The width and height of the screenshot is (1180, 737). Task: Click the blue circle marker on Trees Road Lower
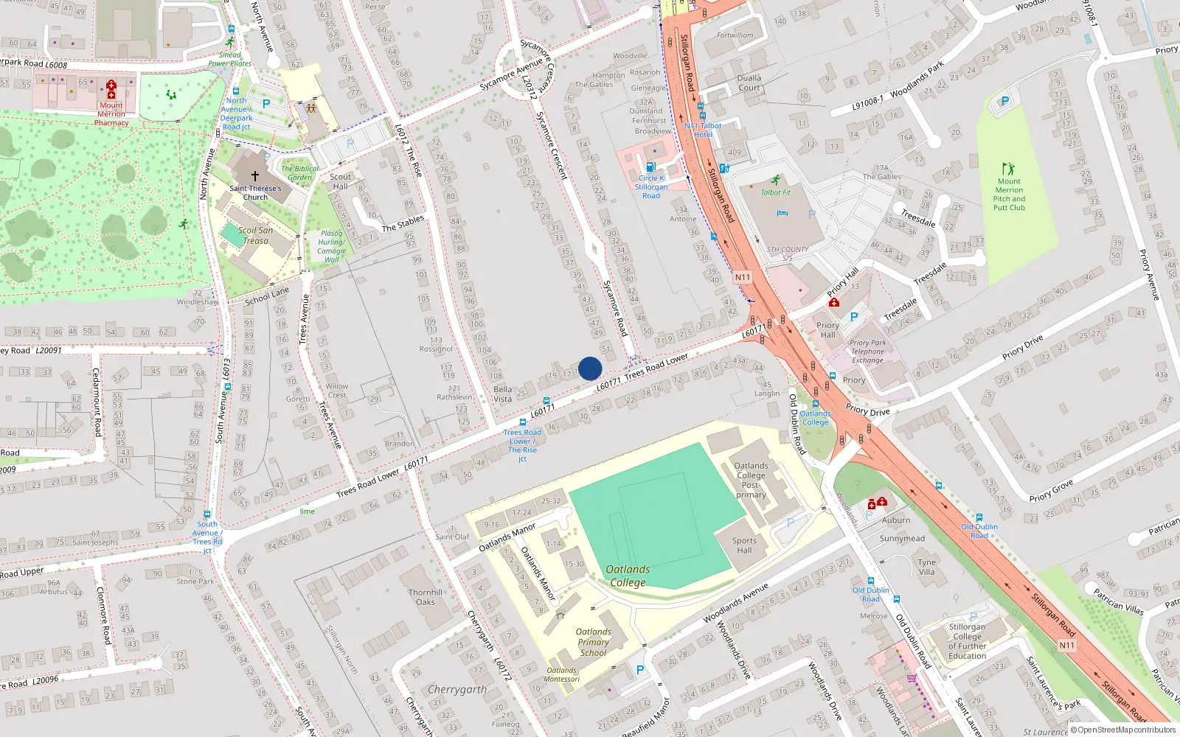click(590, 368)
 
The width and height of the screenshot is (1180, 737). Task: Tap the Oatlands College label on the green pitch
click(628, 576)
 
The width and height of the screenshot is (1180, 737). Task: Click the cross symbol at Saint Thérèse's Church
click(255, 176)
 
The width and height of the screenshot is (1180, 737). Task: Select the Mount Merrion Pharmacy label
click(111, 114)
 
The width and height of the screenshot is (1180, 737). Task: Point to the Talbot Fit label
click(775, 192)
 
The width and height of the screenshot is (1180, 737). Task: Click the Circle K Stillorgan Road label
click(651, 186)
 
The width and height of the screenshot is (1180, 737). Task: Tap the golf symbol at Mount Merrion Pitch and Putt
click(1008, 169)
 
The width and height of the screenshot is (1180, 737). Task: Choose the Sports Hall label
click(744, 545)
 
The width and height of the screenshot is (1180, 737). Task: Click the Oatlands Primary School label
click(594, 642)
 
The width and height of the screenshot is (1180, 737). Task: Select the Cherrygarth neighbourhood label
click(457, 690)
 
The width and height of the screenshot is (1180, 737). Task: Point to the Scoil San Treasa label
click(255, 235)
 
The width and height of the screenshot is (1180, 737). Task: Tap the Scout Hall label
click(340, 181)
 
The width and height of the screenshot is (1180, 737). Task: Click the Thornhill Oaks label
click(426, 597)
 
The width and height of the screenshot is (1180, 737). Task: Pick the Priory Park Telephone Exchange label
click(867, 352)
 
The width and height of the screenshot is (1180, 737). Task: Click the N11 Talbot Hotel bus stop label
click(703, 130)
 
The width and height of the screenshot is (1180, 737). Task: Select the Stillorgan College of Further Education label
click(967, 641)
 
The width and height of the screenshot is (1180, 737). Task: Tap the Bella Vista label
click(502, 394)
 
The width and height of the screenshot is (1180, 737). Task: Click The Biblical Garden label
click(299, 172)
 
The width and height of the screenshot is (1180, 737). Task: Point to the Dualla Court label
click(749, 83)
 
